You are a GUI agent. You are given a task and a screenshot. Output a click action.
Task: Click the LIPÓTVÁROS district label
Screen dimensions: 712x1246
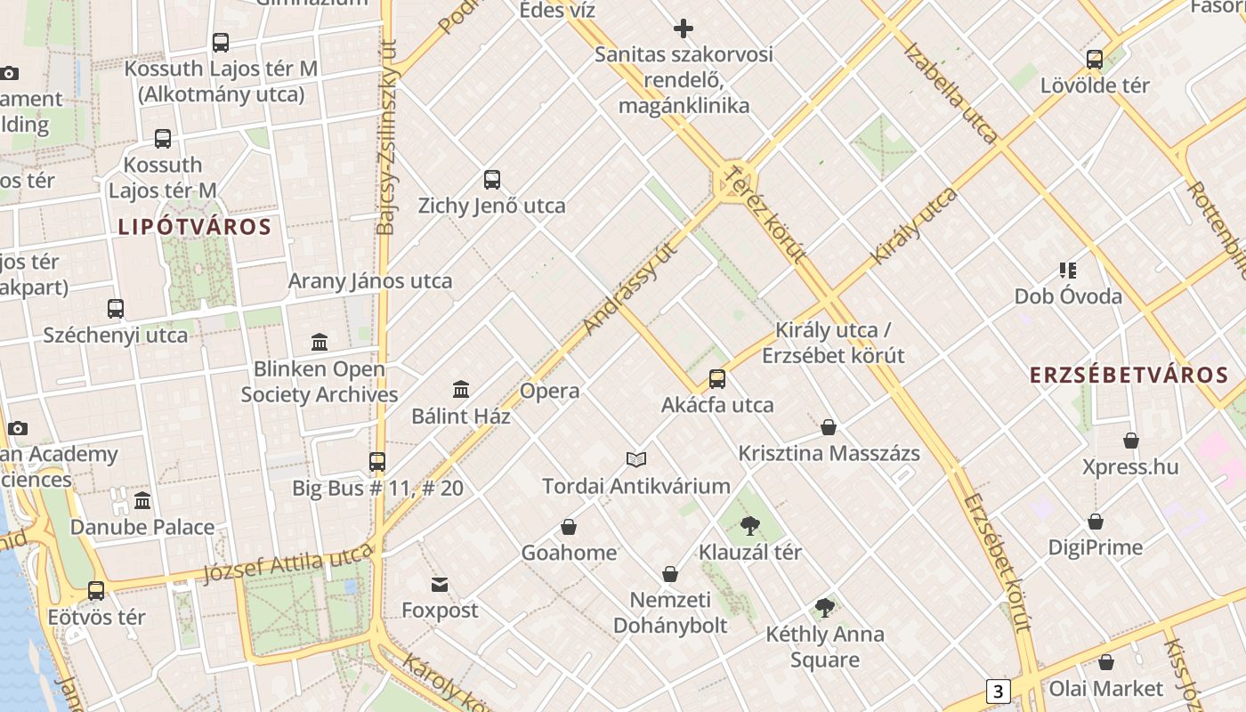(x=195, y=226)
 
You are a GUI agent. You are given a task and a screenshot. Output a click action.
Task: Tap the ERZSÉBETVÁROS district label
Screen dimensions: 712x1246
(x=1129, y=375)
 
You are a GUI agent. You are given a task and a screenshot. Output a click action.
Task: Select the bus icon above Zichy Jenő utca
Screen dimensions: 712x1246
(x=492, y=180)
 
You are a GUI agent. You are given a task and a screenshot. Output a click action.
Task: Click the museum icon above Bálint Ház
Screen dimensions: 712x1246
(x=461, y=389)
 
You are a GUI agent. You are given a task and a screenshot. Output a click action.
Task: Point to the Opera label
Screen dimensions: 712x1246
(x=549, y=391)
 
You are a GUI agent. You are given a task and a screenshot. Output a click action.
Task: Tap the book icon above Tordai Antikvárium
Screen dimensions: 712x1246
(x=635, y=459)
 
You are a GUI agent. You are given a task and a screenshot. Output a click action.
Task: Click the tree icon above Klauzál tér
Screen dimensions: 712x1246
(x=750, y=525)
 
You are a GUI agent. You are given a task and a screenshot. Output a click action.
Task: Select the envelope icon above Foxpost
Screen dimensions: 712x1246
(x=440, y=584)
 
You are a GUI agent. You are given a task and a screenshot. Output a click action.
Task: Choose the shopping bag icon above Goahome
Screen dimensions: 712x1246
(x=569, y=527)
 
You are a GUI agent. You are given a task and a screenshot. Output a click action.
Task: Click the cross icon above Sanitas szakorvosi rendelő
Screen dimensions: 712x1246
(x=684, y=28)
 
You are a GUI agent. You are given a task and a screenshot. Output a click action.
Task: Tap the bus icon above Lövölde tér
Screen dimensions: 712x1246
(x=1095, y=60)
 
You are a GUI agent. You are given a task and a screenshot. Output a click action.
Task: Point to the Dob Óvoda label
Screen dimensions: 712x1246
(x=1068, y=296)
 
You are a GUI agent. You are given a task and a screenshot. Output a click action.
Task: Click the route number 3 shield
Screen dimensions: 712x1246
(x=999, y=691)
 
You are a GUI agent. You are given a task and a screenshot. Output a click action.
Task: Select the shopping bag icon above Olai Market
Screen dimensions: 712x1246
(x=1106, y=662)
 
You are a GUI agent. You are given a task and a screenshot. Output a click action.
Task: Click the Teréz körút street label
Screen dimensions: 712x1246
(x=765, y=214)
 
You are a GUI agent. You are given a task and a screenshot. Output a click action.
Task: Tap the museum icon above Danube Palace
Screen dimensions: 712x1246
(x=142, y=500)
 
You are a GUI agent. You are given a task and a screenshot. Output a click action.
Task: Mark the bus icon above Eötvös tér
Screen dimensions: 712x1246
(x=96, y=590)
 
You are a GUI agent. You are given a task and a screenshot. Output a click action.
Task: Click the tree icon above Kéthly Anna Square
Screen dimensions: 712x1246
(x=825, y=608)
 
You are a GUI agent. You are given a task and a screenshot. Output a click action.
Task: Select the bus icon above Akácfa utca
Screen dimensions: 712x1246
(x=717, y=379)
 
